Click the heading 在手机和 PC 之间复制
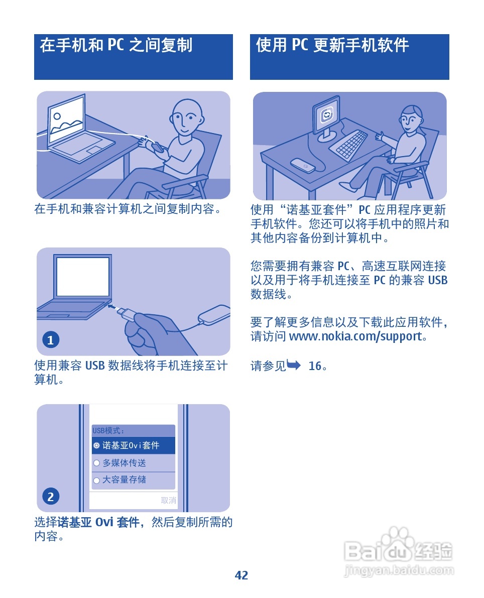[116, 46]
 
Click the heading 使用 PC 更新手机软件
[332, 46]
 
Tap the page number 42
[241, 575]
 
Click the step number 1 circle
[50, 340]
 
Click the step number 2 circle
[50, 497]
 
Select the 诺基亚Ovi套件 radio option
[96, 445]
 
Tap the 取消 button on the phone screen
[168, 500]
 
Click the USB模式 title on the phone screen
[108, 430]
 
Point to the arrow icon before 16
[294, 366]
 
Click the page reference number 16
[315, 366]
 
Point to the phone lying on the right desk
[303, 165]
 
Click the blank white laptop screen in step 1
[83, 277]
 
